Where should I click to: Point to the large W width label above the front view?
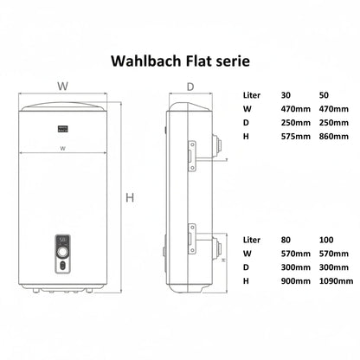tap(62, 86)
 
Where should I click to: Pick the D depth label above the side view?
tap(190, 86)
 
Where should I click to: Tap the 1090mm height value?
tap(337, 281)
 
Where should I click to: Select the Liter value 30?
tap(286, 94)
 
